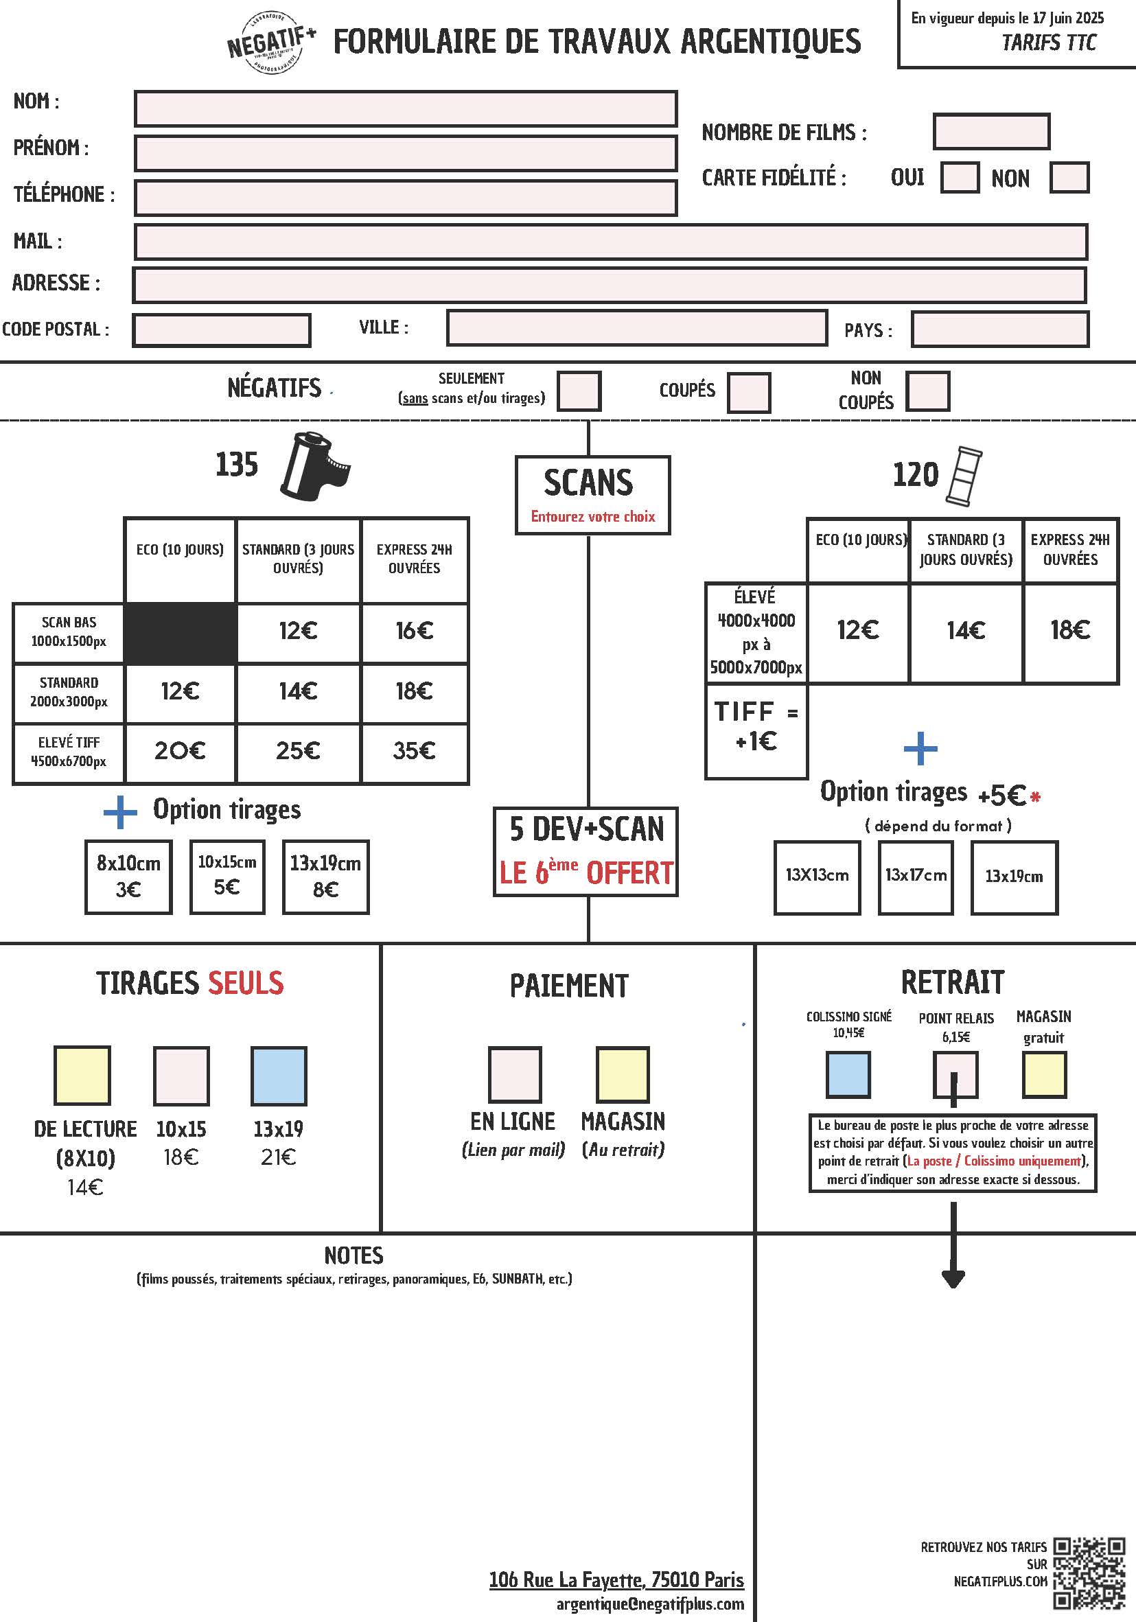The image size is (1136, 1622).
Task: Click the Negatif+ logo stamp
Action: pos(271,43)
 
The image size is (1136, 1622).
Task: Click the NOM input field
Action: pos(406,108)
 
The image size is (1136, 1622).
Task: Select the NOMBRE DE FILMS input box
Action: pos(991,131)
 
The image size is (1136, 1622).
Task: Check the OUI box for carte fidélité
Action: pos(960,177)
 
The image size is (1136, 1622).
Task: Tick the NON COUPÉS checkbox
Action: pos(927,391)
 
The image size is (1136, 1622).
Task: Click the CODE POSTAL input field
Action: pos(221,330)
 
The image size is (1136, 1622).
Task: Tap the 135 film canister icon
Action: pos(315,466)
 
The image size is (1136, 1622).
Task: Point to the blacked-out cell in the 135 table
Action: pos(180,633)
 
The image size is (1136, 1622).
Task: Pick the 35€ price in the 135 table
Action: pos(414,751)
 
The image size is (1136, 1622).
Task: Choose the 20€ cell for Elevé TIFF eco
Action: pos(180,751)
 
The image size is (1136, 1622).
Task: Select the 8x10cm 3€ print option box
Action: pos(128,877)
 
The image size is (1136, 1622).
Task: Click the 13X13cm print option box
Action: pos(818,877)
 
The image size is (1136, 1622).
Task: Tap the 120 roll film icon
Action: pos(964,476)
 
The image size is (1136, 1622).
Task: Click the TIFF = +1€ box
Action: pos(756,731)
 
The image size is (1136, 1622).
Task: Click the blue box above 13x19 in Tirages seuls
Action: pos(279,1075)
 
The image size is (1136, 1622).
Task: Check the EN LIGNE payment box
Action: pos(515,1074)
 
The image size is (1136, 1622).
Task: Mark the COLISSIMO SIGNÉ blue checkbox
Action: pos(848,1074)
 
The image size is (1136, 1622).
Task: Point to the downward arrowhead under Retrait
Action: pos(953,1278)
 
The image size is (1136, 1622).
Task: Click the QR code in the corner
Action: pos(1089,1573)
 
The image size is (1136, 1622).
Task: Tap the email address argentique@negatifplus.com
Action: pos(650,1603)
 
